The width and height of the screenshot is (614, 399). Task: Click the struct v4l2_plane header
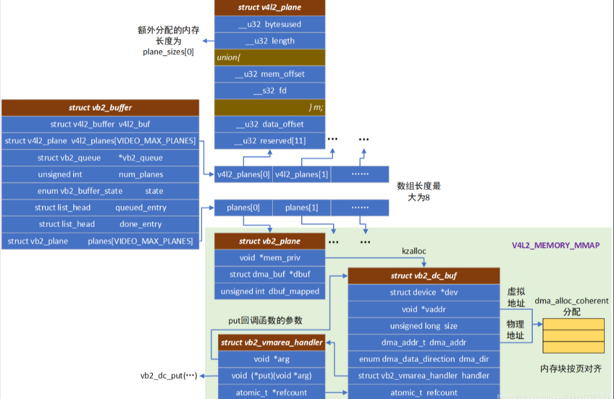tap(269, 8)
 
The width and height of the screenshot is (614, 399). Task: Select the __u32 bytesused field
tap(269, 24)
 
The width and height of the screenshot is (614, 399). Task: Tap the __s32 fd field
tap(269, 91)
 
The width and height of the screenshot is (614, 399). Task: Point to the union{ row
tap(269, 58)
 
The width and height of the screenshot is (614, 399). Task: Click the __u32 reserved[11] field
tap(269, 141)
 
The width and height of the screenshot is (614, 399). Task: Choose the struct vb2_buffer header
tap(100, 108)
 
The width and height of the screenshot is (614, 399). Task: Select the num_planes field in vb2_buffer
tap(100, 174)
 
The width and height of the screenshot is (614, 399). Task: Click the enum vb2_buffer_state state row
tap(100, 191)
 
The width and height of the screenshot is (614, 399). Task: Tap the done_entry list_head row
tap(100, 224)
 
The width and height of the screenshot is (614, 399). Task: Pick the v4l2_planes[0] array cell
tap(243, 174)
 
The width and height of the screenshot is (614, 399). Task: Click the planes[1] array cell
tap(301, 208)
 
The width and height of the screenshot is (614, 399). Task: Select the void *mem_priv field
tap(269, 258)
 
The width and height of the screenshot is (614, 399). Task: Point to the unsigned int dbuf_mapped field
tap(269, 291)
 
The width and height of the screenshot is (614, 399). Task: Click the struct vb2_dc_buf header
tap(423, 276)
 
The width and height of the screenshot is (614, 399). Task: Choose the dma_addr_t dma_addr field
tap(423, 342)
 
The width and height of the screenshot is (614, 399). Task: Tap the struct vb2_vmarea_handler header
tap(271, 342)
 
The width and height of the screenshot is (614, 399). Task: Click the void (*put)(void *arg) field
tap(271, 376)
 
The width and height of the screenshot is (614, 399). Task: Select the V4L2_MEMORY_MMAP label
tap(555, 246)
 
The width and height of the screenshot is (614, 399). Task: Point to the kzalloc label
tap(414, 252)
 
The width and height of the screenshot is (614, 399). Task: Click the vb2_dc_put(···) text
tap(168, 376)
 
